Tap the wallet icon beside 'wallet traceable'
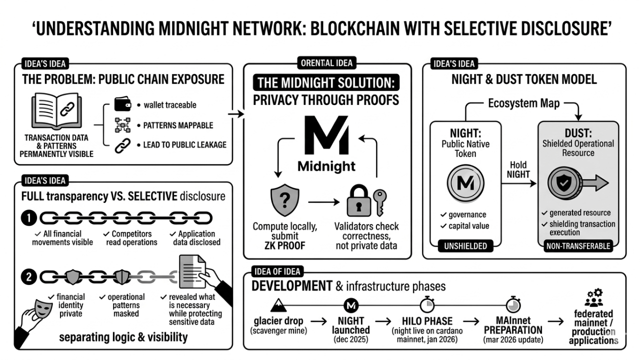click(122, 104)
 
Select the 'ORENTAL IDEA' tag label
click(327, 63)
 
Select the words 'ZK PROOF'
click(284, 245)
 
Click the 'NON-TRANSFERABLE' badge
click(578, 245)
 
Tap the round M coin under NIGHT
click(465, 183)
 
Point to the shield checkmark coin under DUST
click(563, 183)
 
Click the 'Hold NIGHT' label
click(518, 170)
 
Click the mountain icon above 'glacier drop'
click(276, 303)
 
